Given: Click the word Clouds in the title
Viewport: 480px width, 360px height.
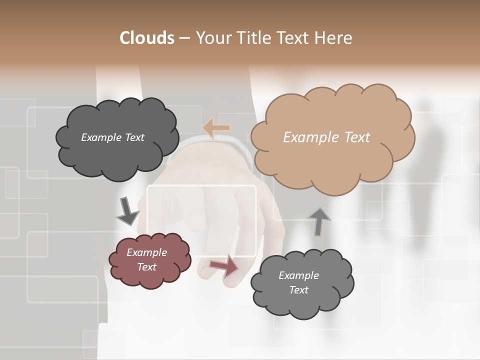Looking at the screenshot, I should tap(147, 38).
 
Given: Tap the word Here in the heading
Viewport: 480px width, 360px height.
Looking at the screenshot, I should tap(334, 38).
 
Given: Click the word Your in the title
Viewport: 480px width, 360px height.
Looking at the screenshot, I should tap(213, 38).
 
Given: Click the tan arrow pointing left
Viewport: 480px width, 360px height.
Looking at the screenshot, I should tap(216, 128).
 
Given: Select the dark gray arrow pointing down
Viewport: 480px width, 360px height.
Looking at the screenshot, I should tap(127, 211).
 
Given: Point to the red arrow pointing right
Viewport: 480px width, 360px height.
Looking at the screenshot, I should tap(224, 266).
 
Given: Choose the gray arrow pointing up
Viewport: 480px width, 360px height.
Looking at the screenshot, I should tap(318, 221).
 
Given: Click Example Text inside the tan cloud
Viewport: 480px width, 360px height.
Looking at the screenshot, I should tap(326, 137).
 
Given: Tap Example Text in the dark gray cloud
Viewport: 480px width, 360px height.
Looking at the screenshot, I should tap(112, 137).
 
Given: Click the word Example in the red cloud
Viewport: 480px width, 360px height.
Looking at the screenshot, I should tap(146, 252).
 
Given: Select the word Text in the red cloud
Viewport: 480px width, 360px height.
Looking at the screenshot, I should tap(146, 267).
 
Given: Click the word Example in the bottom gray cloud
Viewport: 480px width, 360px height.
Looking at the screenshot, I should tap(298, 275).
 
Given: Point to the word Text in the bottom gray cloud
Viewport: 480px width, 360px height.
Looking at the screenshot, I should tap(298, 290).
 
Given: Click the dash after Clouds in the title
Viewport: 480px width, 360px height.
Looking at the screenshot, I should tap(184, 38).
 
